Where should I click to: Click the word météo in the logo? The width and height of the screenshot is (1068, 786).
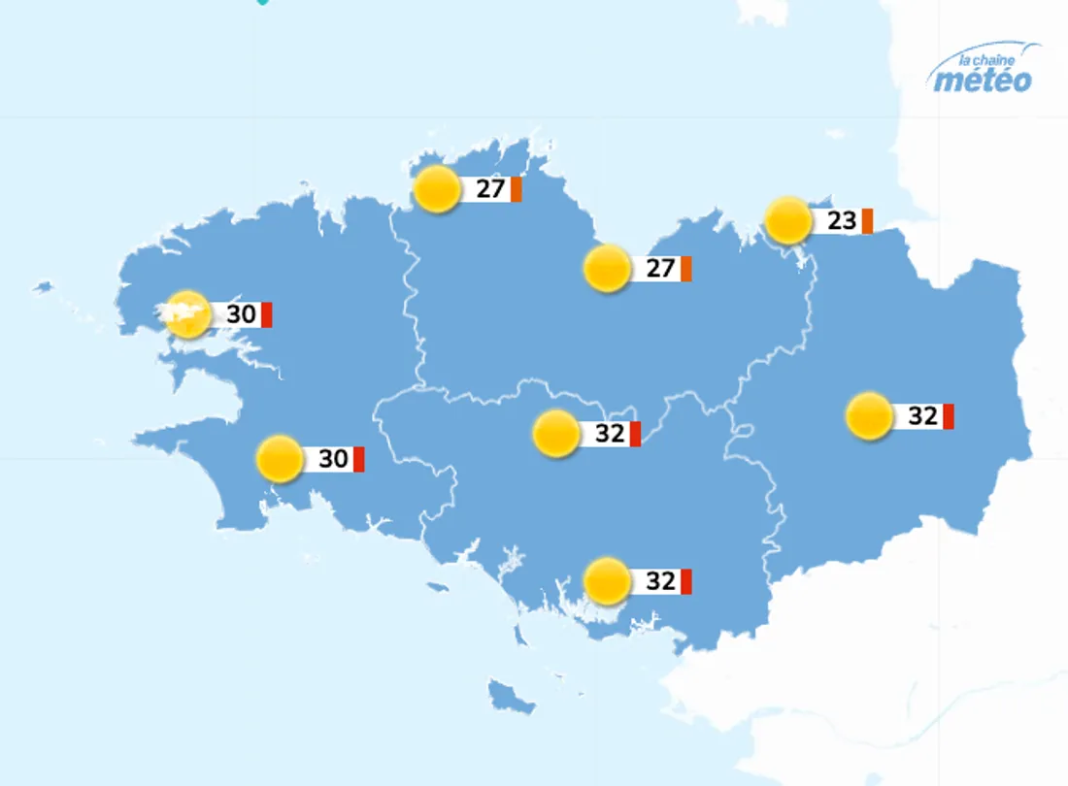coord(983,80)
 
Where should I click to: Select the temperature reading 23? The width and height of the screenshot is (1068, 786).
coord(842,221)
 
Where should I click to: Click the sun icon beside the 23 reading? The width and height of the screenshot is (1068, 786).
coord(788,221)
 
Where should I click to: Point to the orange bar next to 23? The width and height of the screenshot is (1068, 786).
coord(867,221)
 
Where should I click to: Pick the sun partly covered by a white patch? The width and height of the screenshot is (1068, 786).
coord(188,314)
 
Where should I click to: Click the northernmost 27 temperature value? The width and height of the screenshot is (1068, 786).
coord(490,188)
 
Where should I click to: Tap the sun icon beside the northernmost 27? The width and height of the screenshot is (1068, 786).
coord(437,189)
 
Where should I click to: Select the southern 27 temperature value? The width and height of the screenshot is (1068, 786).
coord(660,268)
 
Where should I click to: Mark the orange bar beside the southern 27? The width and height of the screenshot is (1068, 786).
coord(685,268)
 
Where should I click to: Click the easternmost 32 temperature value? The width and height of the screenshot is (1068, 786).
coord(922,416)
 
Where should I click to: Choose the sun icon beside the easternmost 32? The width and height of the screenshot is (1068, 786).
coord(869,416)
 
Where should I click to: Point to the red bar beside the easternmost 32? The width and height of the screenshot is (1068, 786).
coord(949,416)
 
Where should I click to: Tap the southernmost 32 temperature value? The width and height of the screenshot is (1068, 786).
coord(660,581)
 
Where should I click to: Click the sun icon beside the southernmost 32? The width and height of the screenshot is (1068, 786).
coord(608,581)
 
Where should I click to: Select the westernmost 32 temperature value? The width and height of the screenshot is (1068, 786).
coord(610,434)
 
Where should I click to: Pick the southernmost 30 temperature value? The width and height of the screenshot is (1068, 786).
coord(333,459)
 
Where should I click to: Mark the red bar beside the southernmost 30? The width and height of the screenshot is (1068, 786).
coord(358,459)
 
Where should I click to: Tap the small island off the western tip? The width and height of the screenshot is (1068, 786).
coord(42,287)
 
